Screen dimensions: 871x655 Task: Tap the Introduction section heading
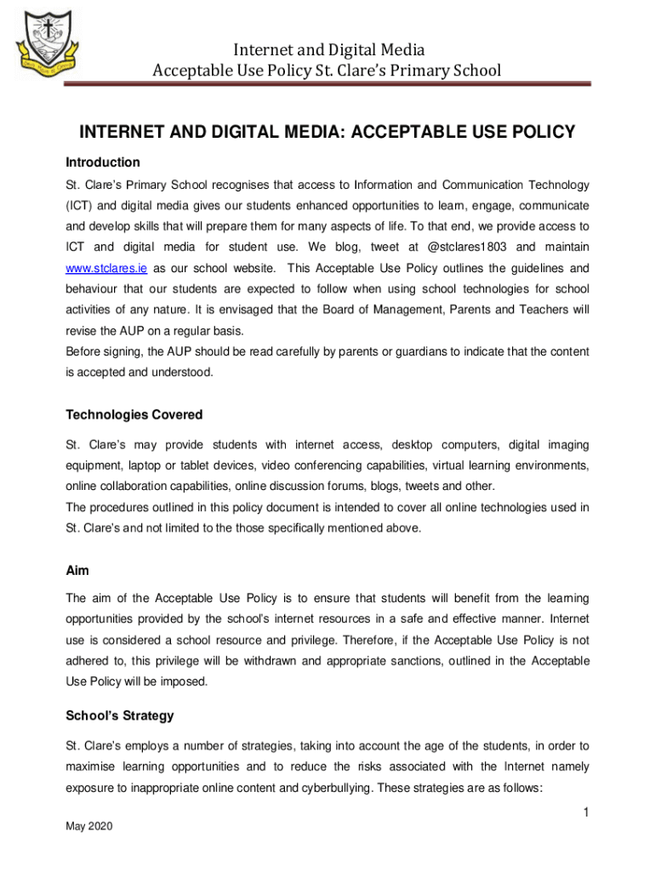103,162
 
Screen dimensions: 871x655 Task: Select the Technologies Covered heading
134,415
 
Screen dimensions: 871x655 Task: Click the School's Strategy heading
120,717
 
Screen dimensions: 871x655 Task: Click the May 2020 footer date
88,827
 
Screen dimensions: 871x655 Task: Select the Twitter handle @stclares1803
466,247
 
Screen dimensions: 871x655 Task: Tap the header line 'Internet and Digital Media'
328,49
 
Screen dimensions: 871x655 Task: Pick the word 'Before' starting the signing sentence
85,351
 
